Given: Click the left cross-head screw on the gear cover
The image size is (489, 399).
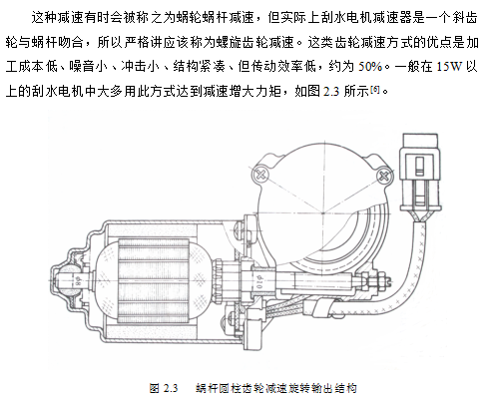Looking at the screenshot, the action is point(260,174).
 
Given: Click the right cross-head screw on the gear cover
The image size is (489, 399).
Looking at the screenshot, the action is point(384,176).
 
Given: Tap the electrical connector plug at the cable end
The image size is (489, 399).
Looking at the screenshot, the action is point(421,173).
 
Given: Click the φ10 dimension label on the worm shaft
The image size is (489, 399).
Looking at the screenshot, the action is point(259,282).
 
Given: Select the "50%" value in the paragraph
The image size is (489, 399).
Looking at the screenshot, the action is point(370,67).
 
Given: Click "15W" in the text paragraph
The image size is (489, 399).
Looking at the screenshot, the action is point(449,67).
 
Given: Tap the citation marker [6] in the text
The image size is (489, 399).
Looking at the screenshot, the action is point(375,89).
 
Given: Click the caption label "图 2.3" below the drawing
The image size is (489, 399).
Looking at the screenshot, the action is point(164,388).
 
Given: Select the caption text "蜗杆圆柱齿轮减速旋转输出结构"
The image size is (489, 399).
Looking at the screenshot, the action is point(276,388).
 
